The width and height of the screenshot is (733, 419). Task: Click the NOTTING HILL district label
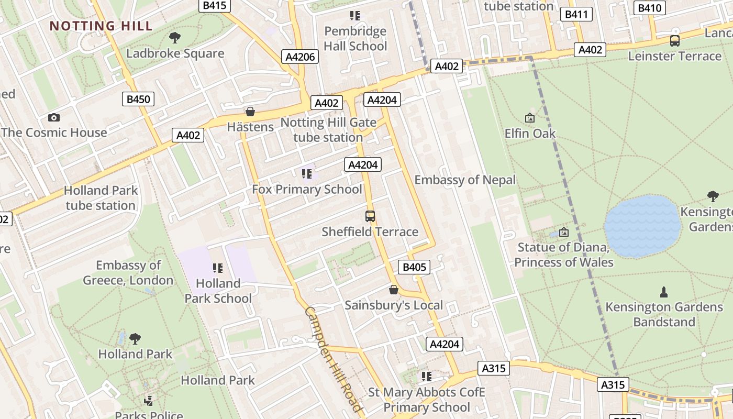pyautogui.click(x=101, y=26)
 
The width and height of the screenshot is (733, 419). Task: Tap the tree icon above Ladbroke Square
pyautogui.click(x=175, y=38)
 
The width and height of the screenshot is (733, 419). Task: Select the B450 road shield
pyautogui.click(x=138, y=99)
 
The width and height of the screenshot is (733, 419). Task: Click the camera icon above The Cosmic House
pyautogui.click(x=54, y=118)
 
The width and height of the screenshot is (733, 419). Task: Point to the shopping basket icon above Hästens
pyautogui.click(x=250, y=112)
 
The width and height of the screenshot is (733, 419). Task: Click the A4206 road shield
pyautogui.click(x=301, y=57)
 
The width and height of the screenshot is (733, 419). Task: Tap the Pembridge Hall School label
pyautogui.click(x=355, y=39)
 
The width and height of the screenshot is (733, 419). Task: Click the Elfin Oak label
pyautogui.click(x=530, y=134)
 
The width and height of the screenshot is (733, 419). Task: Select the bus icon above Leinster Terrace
pyautogui.click(x=675, y=41)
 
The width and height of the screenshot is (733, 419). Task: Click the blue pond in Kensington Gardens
pyautogui.click(x=642, y=226)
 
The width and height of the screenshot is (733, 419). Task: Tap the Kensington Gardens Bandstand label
pyautogui.click(x=664, y=314)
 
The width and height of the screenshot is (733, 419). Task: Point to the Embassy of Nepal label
pyautogui.click(x=465, y=180)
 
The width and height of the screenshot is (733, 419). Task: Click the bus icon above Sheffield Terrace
pyautogui.click(x=370, y=216)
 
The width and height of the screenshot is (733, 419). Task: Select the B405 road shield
pyautogui.click(x=414, y=267)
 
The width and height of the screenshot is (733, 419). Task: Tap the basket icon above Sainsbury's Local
pyautogui.click(x=394, y=290)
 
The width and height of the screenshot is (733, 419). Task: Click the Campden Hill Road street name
pyautogui.click(x=333, y=359)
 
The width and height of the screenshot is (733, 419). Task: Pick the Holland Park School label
pyautogui.click(x=218, y=291)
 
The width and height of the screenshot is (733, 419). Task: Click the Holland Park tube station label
pyautogui.click(x=101, y=198)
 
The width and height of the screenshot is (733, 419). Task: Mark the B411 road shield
pyautogui.click(x=576, y=14)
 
